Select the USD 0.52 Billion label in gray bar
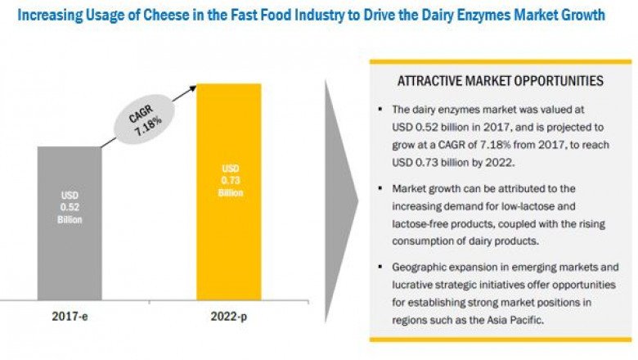pyautogui.click(x=69, y=208)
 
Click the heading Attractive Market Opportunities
pyautogui.click(x=500, y=80)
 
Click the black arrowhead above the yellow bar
pyautogui.click(x=194, y=85)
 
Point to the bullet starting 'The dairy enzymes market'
pyautogui.click(x=380, y=109)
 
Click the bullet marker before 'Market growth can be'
pyautogui.click(x=380, y=188)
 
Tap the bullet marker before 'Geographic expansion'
pyautogui.click(x=380, y=268)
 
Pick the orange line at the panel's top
pyautogui.click(x=500, y=61)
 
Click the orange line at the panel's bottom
pyautogui.click(x=500, y=338)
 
